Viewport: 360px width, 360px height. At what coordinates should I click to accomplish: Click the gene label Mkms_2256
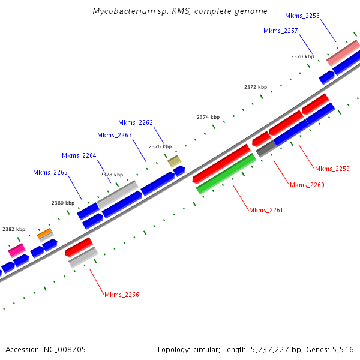[x=302, y=16]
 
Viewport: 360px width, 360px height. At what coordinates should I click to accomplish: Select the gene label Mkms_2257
[x=280, y=31]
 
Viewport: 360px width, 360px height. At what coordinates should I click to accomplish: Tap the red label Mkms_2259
[x=332, y=169]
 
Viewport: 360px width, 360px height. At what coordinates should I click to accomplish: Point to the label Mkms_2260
[x=307, y=185]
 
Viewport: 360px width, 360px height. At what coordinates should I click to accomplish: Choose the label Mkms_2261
[x=266, y=210]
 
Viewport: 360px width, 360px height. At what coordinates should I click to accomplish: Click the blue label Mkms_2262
[x=135, y=122]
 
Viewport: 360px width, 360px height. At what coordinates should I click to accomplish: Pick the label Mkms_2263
[x=114, y=136]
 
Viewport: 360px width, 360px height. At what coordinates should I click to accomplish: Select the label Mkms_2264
[x=79, y=156]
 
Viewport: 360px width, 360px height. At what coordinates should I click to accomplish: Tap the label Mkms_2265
[x=50, y=173]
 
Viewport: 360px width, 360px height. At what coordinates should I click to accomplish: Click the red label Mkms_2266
[x=121, y=295]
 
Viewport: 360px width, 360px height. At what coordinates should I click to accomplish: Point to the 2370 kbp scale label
[x=302, y=56]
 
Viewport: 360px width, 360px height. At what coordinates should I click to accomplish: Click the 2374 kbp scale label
[x=208, y=118]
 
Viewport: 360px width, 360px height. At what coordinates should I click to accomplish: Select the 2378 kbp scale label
[x=111, y=175]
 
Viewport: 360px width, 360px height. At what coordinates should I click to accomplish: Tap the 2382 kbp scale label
[x=14, y=229]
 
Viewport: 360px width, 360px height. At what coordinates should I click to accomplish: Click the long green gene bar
[x=226, y=173]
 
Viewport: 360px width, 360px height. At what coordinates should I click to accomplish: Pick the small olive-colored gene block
[x=175, y=161]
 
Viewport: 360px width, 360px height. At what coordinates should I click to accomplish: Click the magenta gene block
[x=16, y=250]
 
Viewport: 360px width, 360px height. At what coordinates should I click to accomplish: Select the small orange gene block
[x=44, y=233]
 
